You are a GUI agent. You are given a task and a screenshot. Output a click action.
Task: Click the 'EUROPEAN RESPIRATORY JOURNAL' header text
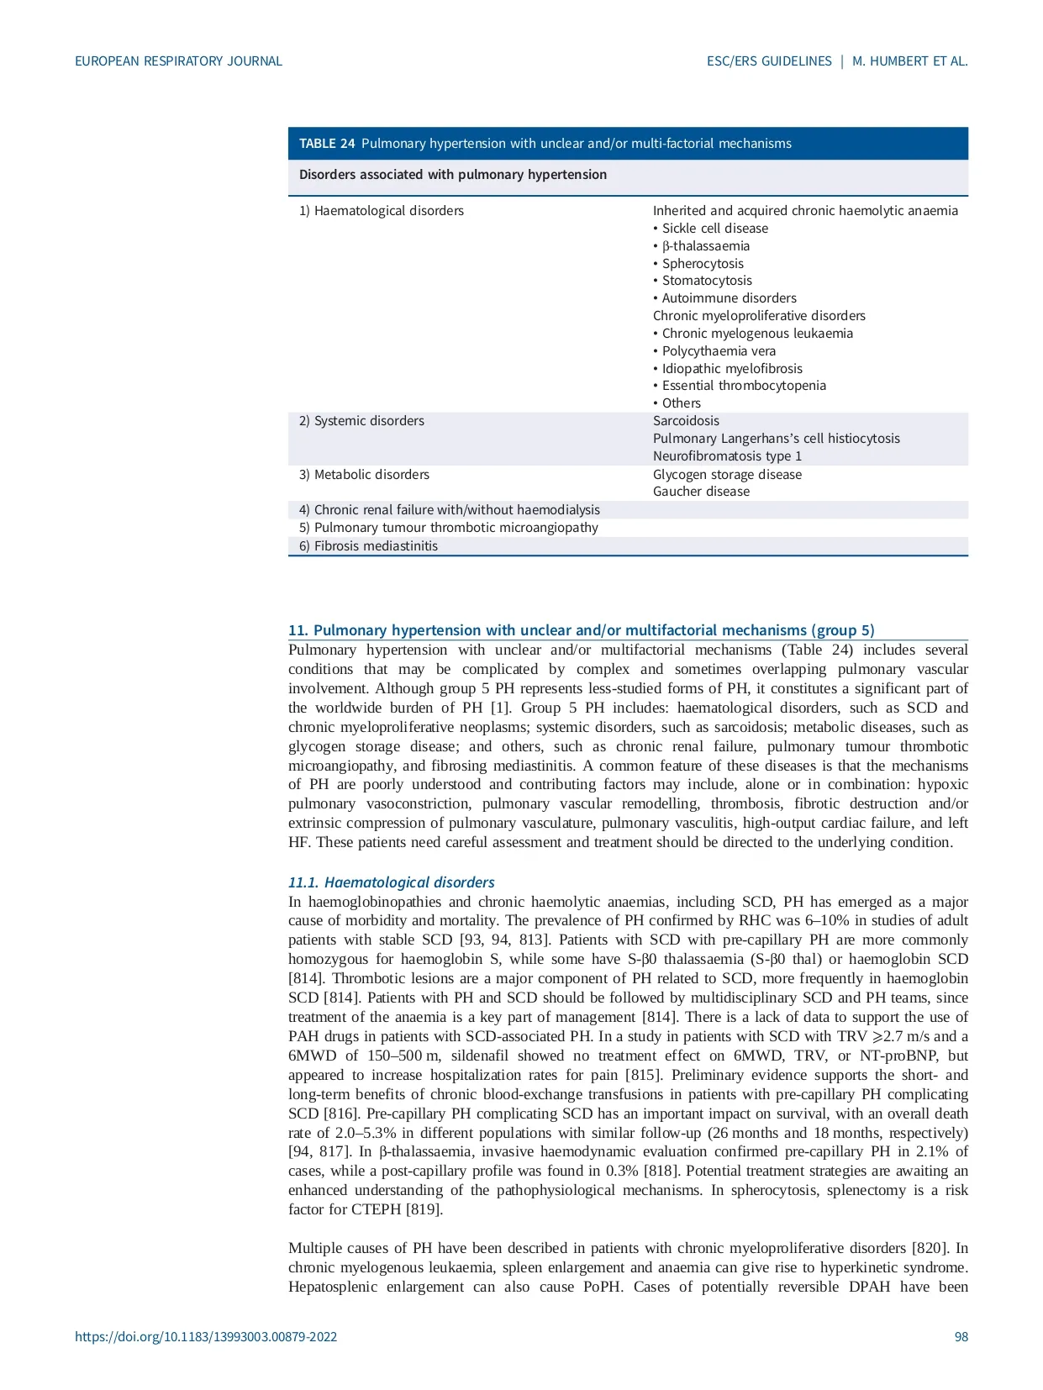coord(178,61)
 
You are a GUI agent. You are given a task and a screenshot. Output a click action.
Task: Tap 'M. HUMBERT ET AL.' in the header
coord(909,61)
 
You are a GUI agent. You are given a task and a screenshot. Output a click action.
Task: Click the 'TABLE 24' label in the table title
coord(327,144)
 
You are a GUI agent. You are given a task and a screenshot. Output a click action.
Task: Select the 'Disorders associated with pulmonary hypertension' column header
coord(453,175)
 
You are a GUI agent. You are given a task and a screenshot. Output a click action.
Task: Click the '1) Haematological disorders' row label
coord(382,211)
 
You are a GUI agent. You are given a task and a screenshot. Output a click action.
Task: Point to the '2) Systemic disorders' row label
coord(361,421)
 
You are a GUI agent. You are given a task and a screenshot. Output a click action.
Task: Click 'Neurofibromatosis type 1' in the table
coord(727,456)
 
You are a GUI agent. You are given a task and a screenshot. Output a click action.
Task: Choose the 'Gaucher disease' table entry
coord(701,492)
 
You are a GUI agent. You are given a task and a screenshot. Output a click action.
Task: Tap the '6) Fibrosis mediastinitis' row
coord(368,546)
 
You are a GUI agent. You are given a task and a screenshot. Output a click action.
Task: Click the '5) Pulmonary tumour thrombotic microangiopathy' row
coord(449,528)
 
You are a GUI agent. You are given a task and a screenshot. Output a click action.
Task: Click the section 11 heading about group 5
coord(581,630)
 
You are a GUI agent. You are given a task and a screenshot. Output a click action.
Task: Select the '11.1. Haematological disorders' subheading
coord(391,882)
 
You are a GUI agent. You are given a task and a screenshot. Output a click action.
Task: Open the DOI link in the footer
coord(206,1337)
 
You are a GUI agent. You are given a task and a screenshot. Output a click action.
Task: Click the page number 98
coord(961,1337)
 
